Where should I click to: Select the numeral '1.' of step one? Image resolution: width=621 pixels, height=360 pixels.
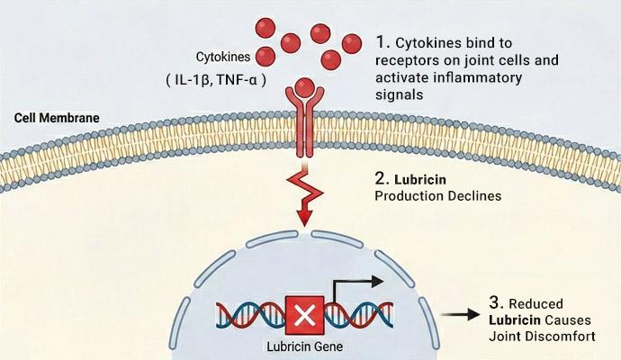tap(383, 43)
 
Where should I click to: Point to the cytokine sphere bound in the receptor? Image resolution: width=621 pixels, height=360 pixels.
tap(305, 88)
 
